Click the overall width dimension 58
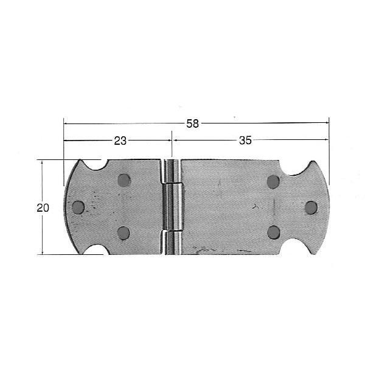pos(192,123)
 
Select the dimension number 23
pos(120,141)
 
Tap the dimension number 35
pos(245,141)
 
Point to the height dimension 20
pos(43,207)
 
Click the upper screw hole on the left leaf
pos(123,180)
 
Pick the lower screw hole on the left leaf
pos(123,232)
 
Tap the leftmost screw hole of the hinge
pos(78,207)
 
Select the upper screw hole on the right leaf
pos(273,181)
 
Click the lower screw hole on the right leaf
pos(273,232)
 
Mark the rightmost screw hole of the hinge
pos(311,207)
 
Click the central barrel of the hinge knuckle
pos(172,207)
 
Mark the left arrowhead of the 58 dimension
pos(66,123)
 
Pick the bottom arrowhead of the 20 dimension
pos(43,251)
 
